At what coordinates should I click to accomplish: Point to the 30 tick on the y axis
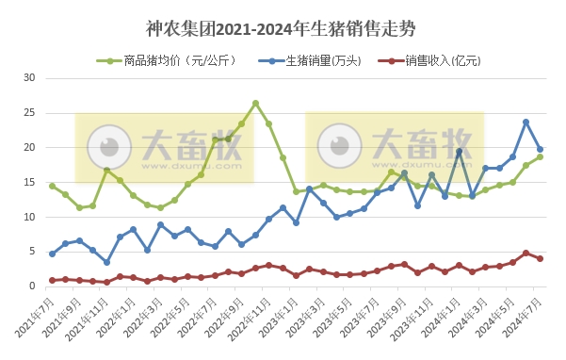[29, 78]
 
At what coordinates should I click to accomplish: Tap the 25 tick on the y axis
[29, 113]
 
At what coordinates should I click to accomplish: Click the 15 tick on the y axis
[29, 183]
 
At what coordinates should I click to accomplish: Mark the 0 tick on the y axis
[32, 286]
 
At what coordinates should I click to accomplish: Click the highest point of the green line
[255, 103]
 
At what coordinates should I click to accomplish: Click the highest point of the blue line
[526, 122]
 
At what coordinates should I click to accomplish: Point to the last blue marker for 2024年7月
[540, 149]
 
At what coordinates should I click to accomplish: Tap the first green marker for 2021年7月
[52, 186]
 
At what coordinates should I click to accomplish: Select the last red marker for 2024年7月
[540, 258]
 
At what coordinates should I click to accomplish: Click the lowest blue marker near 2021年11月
[106, 262]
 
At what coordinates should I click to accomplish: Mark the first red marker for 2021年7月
[52, 280]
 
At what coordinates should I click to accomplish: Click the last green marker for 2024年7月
[540, 156]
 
